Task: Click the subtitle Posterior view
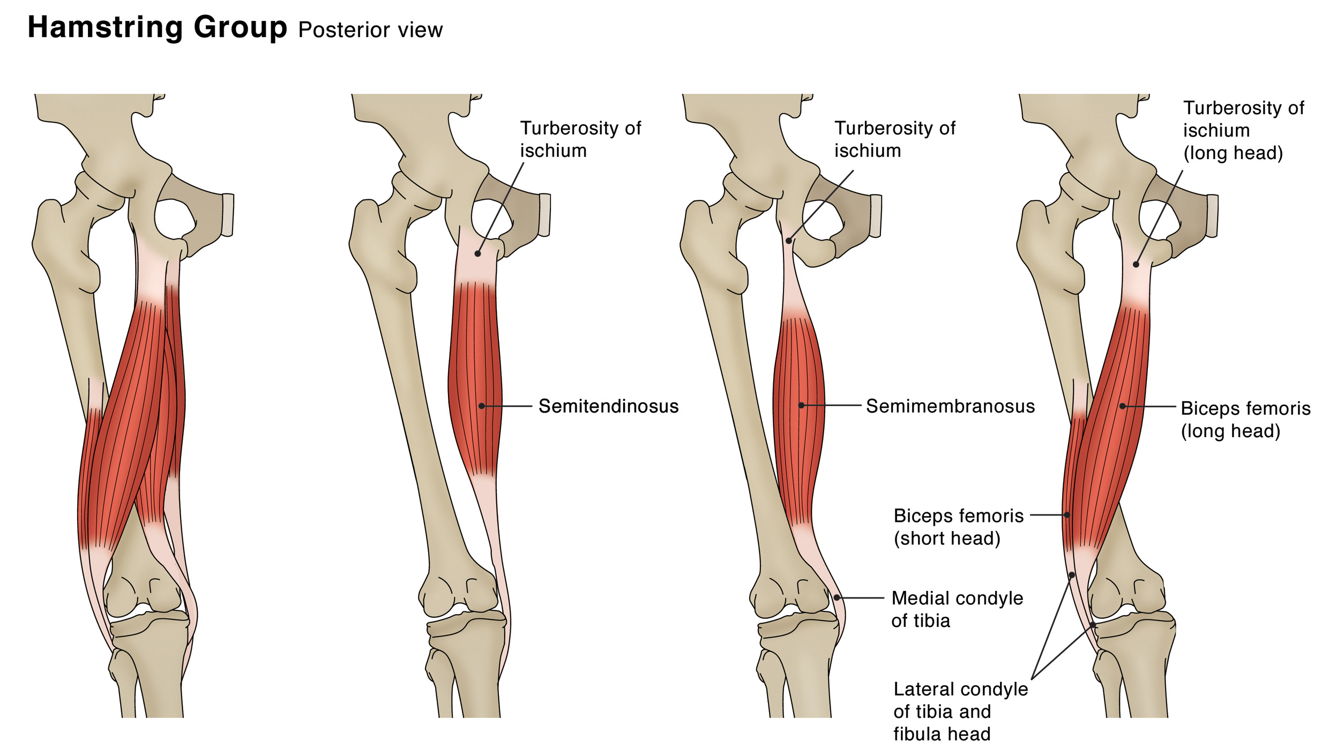tap(370, 30)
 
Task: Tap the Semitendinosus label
tap(608, 406)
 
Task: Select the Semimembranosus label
tap(950, 406)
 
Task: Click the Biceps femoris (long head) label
tap(1245, 420)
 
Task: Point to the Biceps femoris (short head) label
tap(958, 527)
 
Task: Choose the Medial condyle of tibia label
tap(957, 609)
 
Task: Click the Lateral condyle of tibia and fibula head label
tap(960, 711)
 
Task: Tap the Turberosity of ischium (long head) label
tap(1243, 130)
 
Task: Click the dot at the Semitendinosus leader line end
tap(482, 406)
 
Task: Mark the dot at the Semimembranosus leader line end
tap(801, 406)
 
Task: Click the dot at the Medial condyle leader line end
tap(837, 597)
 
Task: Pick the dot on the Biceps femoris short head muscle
tap(1067, 515)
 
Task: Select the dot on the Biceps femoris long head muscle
tap(1122, 406)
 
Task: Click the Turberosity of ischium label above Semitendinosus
tap(580, 139)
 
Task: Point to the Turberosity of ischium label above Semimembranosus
tap(894, 139)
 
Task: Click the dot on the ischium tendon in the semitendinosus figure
tap(477, 254)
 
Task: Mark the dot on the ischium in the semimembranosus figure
tap(788, 241)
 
